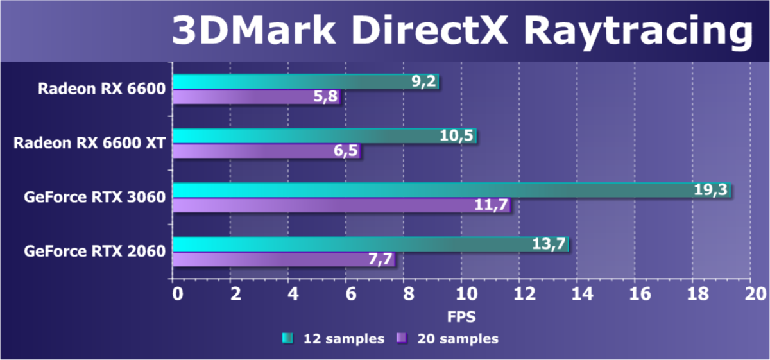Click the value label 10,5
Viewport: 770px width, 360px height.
pos(458,136)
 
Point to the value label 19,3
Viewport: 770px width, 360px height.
pos(712,190)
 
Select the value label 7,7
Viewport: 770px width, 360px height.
pos(377,259)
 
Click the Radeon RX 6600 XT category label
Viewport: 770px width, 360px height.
pos(89,142)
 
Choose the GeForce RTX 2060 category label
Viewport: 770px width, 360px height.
pos(94,251)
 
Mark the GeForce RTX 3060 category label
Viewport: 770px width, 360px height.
pos(94,197)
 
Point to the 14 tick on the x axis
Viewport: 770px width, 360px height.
pos(577,294)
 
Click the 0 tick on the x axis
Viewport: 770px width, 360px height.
pos(176,294)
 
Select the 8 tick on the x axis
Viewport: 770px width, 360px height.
pos(407,294)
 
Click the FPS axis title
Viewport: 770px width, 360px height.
pos(461,316)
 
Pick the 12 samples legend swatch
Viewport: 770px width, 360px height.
pos(287,338)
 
